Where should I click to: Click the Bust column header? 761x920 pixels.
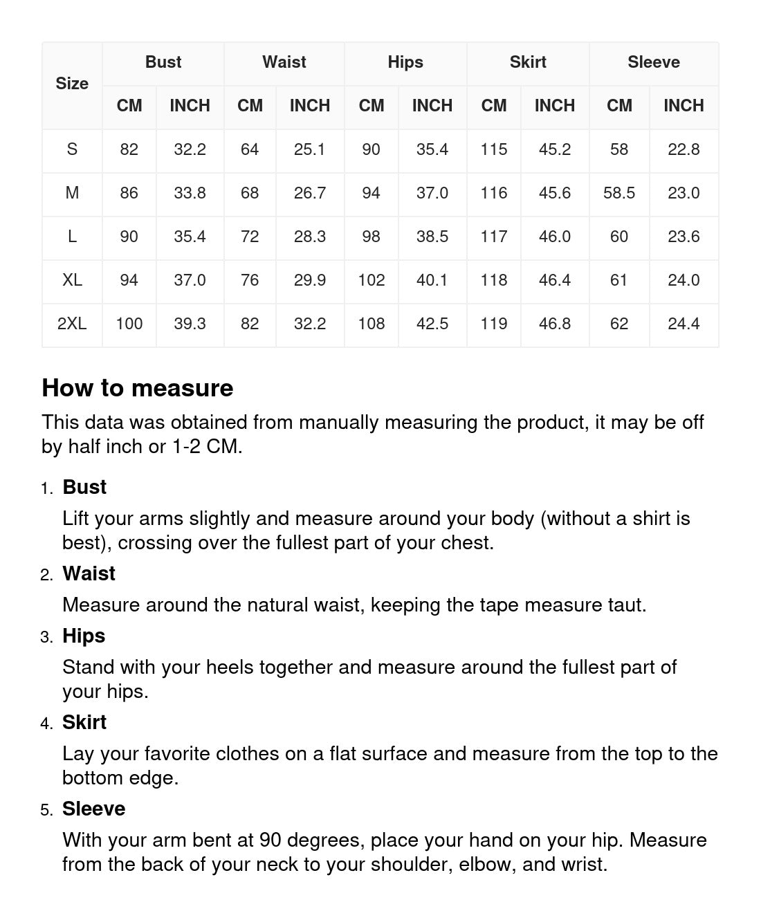163,62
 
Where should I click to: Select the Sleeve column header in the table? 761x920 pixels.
654,62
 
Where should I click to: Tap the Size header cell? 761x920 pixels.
72,84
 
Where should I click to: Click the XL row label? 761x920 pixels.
72,280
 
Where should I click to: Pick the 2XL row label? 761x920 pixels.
72,324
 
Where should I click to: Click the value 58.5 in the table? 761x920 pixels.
619,193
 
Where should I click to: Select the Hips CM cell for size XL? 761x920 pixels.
372,280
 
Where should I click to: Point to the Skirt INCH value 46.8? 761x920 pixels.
555,324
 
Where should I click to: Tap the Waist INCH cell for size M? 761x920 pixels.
310,193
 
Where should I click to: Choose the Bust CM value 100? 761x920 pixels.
129,324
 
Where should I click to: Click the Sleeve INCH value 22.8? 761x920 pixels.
684,149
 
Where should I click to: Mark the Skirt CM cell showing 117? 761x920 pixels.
494,237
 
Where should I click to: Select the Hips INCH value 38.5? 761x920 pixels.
432,237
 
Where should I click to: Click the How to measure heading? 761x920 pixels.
138,388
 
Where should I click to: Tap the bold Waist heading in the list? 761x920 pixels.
89,573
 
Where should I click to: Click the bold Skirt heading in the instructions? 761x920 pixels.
84,722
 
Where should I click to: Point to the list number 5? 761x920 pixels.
46,810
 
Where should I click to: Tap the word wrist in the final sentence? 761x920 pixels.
583,865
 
